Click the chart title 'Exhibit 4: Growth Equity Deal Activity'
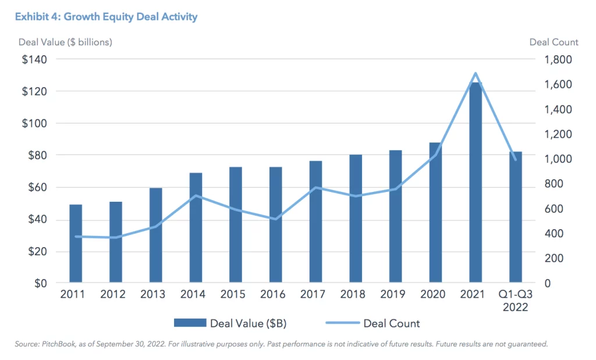point(106,17)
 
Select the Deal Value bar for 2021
point(476,183)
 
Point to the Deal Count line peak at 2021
point(476,73)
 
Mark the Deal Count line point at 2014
point(196,195)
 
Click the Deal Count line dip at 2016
point(275,219)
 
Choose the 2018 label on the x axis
point(356,294)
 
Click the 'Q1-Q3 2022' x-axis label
point(515,300)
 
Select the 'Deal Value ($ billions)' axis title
point(63,42)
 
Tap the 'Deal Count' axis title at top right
point(554,42)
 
